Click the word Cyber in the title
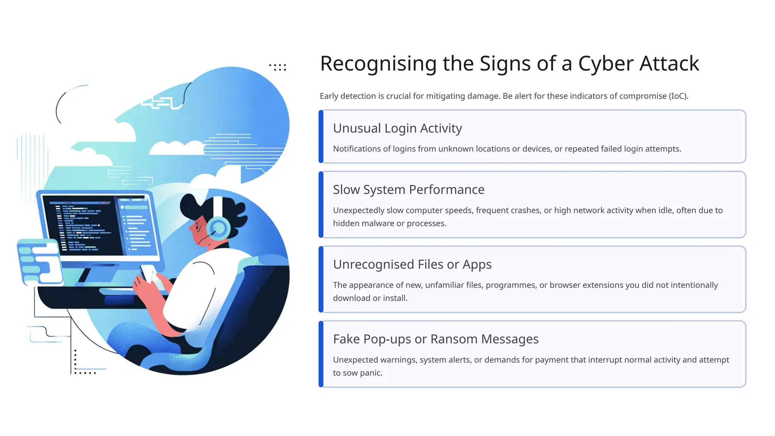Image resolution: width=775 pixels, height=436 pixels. (606, 64)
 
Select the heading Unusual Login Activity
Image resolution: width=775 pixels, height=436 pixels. (397, 128)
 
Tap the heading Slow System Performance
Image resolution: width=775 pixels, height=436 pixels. (409, 190)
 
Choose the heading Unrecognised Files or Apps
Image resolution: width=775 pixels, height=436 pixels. (412, 265)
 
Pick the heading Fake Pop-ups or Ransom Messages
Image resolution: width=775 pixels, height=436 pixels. (436, 339)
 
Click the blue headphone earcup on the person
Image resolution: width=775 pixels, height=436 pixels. (218, 228)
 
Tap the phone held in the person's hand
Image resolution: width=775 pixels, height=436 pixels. (149, 272)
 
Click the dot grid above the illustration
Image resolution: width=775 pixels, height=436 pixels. (278, 67)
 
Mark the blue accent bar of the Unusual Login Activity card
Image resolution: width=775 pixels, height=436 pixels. (321, 137)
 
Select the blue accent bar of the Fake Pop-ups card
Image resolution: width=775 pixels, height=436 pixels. (321, 354)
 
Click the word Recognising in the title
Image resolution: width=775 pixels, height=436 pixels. (378, 64)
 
